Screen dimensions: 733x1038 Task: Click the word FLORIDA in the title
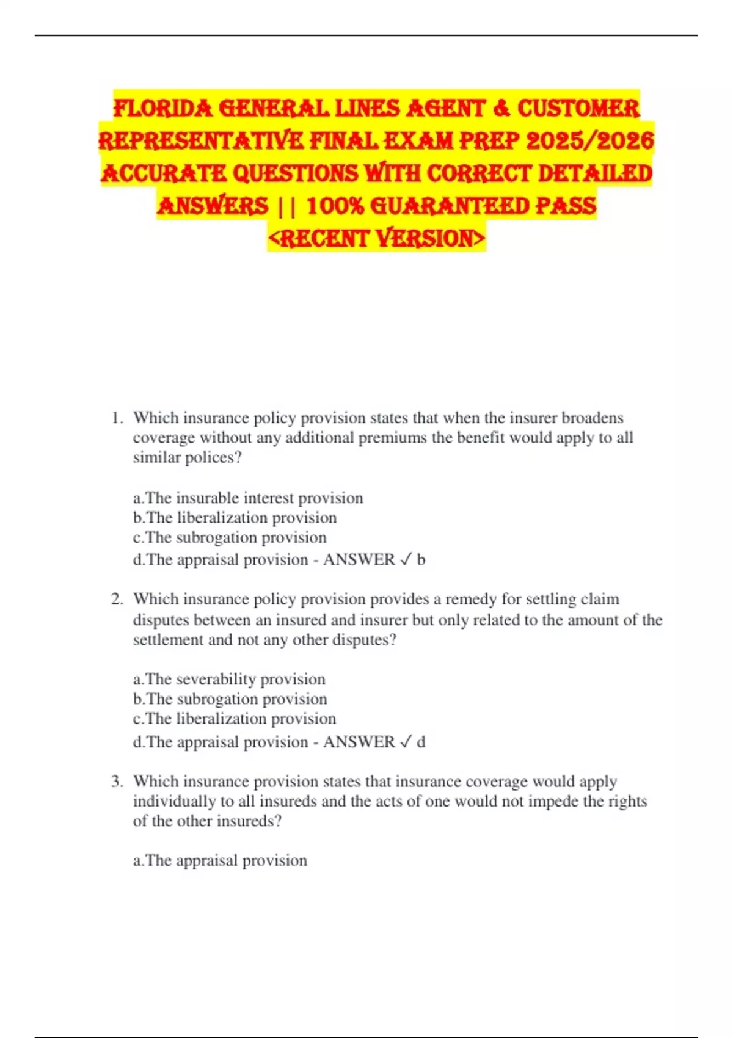163,109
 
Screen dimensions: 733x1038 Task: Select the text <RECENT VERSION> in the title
376,238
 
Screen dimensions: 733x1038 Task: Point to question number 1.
117,418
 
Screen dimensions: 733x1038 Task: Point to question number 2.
117,600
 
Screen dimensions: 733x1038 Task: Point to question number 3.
117,782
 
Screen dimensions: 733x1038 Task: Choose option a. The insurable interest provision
248,498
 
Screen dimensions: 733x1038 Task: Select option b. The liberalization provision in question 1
235,518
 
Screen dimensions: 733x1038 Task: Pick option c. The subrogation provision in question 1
230,537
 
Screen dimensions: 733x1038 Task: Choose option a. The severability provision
229,679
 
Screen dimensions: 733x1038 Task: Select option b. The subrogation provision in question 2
230,699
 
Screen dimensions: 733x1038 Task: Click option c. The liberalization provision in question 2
235,719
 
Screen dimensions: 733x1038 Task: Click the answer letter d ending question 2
421,742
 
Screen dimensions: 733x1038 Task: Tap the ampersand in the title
500,109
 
